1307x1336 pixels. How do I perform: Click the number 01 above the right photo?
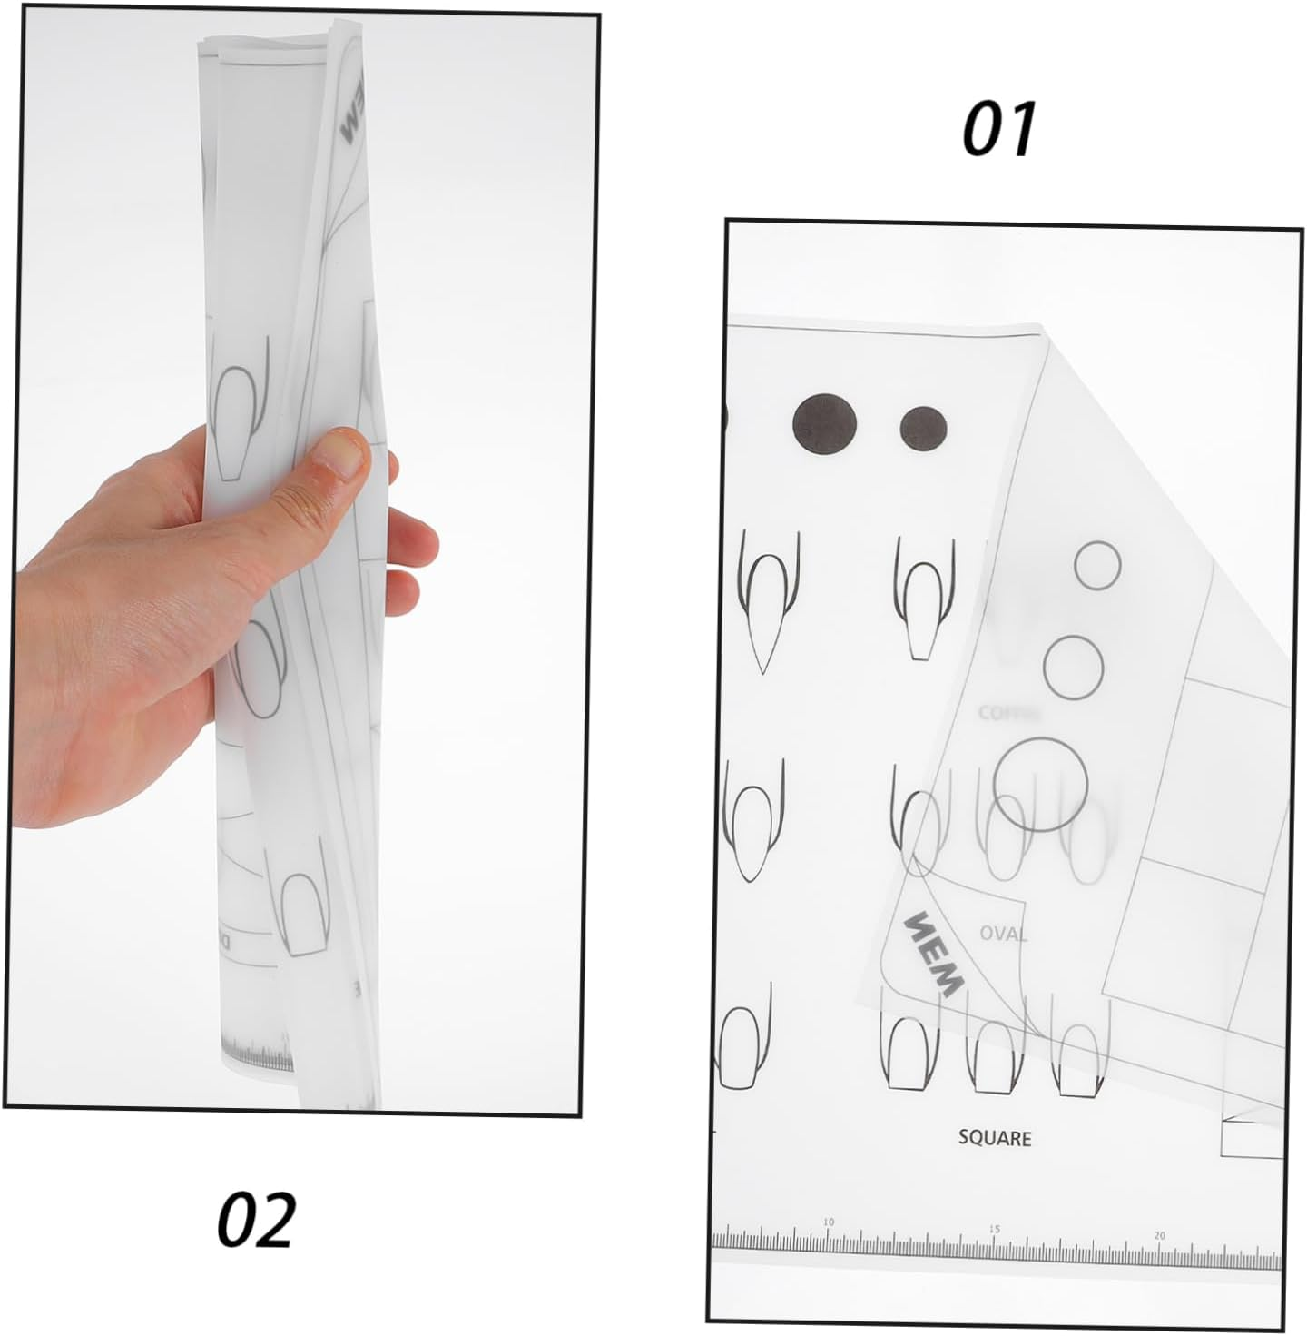tap(998, 129)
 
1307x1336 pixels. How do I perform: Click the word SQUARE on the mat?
tap(995, 1137)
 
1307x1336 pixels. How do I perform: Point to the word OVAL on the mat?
tap(1003, 933)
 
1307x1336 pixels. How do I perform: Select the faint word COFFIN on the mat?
tap(1008, 713)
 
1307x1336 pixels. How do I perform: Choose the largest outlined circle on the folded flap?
tap(1041, 784)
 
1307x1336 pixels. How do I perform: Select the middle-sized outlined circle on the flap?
tap(1074, 668)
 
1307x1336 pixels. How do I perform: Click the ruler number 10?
tap(828, 1222)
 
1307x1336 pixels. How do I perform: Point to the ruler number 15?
tap(995, 1229)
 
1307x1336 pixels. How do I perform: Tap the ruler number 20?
tap(1160, 1234)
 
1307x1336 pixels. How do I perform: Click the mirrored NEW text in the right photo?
tap(932, 953)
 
